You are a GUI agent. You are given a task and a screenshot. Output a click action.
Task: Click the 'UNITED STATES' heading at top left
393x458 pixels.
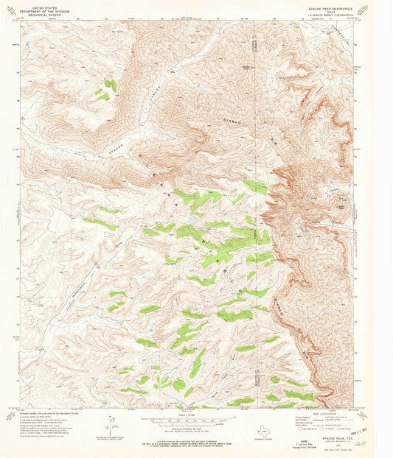pyautogui.click(x=38, y=7)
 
